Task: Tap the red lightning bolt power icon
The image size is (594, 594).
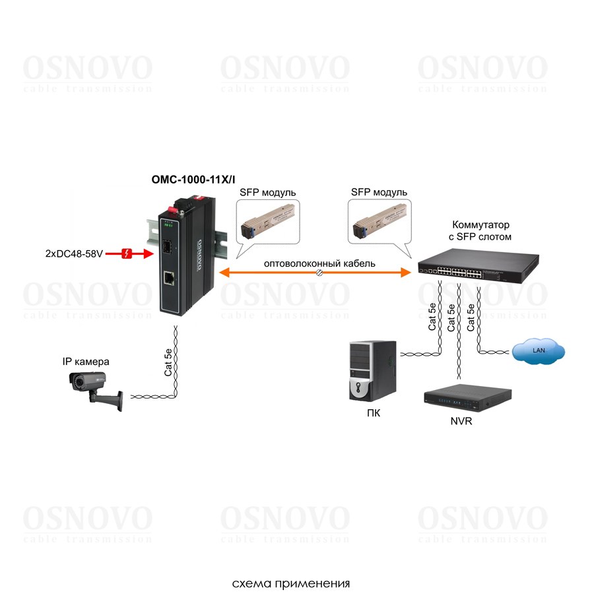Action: coord(129,253)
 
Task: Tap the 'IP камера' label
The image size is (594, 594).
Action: coord(86,362)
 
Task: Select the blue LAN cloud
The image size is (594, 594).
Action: coord(539,350)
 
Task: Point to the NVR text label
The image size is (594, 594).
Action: coord(461,420)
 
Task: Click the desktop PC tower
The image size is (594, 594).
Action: coord(372,370)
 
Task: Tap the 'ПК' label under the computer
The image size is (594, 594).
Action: coord(374,414)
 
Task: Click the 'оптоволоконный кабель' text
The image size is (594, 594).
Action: coord(319,263)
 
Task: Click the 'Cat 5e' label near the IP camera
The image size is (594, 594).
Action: coord(168,362)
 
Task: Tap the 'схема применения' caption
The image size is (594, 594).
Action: coord(290,583)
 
